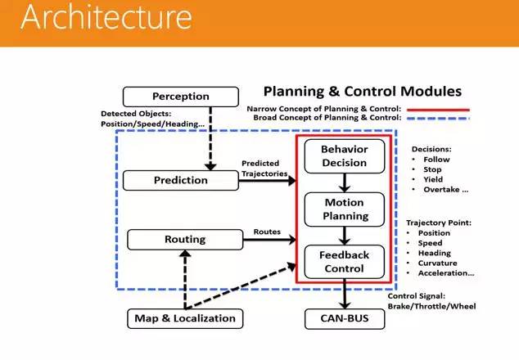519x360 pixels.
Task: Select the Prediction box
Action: click(x=180, y=179)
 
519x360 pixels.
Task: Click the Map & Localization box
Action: click(x=181, y=317)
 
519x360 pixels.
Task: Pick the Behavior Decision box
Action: click(x=344, y=155)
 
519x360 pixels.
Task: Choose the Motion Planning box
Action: click(x=344, y=209)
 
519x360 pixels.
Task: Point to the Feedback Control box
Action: click(x=344, y=260)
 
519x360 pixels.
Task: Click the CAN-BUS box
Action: click(x=345, y=317)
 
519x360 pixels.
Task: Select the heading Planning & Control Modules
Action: click(x=361, y=91)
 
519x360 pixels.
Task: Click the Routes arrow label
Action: click(x=267, y=232)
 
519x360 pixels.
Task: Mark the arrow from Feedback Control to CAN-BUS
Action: click(x=344, y=295)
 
